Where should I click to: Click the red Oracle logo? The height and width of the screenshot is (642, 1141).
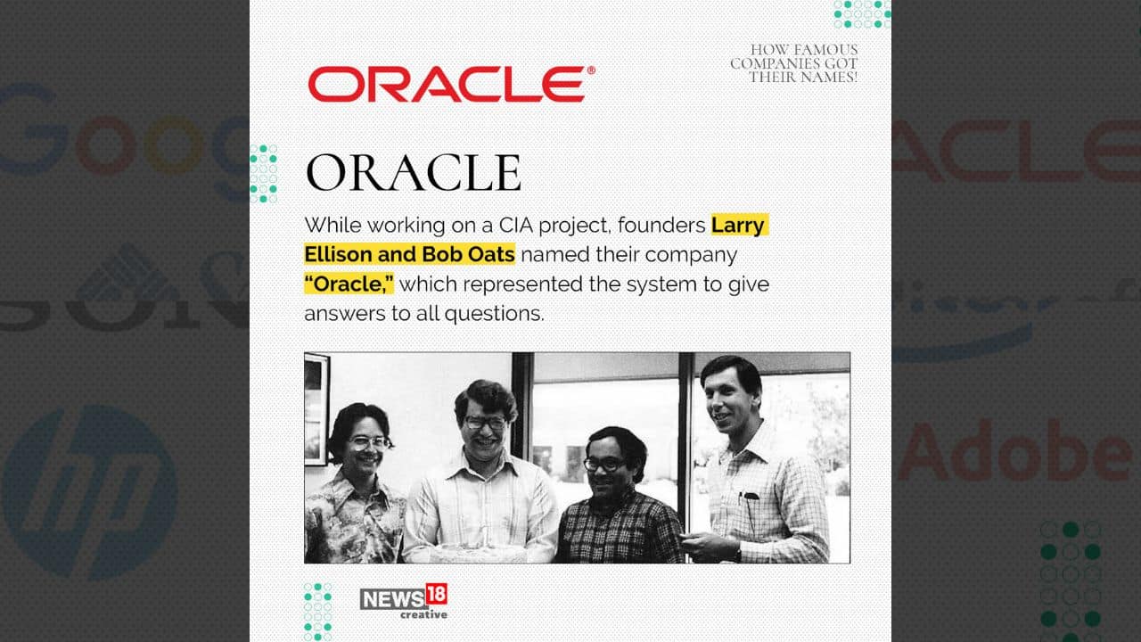click(446, 84)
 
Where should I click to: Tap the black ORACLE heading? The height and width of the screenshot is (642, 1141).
click(413, 173)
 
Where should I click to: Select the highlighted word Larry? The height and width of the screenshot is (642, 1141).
click(738, 225)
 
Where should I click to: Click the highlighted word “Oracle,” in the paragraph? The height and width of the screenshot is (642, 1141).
click(349, 284)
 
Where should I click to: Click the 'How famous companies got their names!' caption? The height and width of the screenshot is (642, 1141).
click(794, 63)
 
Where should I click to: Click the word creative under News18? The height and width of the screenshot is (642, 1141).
click(423, 614)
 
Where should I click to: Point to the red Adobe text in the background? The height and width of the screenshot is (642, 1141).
click(1016, 451)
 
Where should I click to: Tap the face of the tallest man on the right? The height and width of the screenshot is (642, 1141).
click(731, 396)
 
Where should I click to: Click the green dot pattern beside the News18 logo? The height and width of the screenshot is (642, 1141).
click(317, 611)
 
